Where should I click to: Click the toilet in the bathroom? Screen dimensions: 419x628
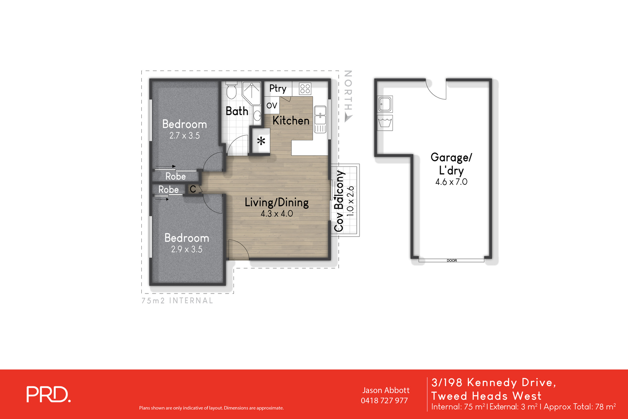pos(231,91)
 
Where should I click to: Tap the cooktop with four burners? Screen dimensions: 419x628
pos(305,89)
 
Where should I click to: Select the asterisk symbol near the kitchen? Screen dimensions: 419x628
pos(261,141)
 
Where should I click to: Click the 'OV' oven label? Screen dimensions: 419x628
pos(272,106)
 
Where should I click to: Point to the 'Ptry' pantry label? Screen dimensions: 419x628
pos(278,89)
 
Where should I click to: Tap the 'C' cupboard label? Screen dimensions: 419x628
pos(193,189)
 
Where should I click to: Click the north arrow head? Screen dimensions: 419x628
pos(348,117)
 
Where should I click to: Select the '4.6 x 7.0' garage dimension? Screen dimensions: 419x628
pos(451,182)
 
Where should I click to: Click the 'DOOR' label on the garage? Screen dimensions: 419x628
pos(451,261)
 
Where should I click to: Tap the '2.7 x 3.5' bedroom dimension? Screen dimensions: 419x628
pos(184,136)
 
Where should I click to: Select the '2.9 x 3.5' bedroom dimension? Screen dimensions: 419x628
pos(186,250)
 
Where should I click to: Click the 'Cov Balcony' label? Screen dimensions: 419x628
pos(339,201)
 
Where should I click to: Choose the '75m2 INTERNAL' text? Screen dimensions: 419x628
pos(177,301)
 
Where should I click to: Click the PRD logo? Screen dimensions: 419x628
pos(48,395)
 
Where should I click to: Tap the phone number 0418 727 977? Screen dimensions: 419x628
pos(384,401)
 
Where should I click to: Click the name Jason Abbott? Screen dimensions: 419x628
pos(386,390)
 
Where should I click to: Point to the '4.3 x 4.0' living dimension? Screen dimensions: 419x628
pos(277,214)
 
